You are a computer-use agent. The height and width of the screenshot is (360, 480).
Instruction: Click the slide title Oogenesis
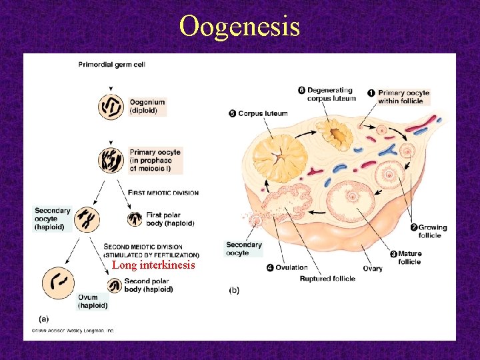[239, 27]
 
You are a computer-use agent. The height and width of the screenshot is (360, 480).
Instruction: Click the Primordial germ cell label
[111, 65]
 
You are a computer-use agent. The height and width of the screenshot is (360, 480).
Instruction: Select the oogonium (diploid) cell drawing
[111, 107]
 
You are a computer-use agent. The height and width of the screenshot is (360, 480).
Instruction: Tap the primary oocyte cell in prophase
[111, 161]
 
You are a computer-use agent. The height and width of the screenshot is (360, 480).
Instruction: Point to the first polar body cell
[135, 219]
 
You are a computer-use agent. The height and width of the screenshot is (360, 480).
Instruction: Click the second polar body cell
[115, 286]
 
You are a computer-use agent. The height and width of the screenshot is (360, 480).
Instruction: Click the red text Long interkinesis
[153, 265]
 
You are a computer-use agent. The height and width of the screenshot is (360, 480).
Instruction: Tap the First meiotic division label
[163, 193]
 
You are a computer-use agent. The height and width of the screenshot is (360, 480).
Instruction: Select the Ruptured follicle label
[327, 279]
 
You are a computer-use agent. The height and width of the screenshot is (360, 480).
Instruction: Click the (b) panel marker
[234, 290]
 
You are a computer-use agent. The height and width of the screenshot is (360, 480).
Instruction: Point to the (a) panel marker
[43, 319]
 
